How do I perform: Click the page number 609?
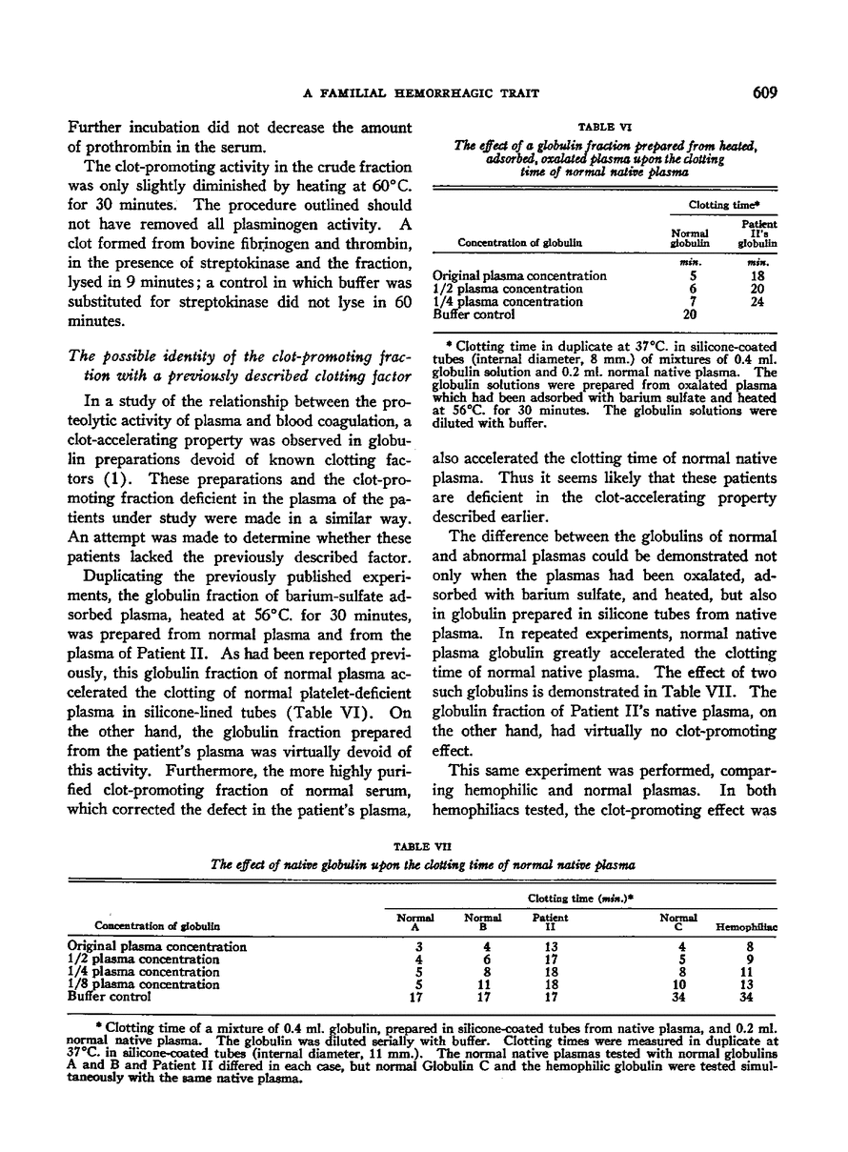point(764,92)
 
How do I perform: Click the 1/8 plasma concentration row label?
point(143,984)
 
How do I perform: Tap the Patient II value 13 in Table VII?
point(550,947)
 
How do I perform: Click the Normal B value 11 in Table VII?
point(483,984)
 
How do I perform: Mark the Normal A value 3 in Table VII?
point(414,947)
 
